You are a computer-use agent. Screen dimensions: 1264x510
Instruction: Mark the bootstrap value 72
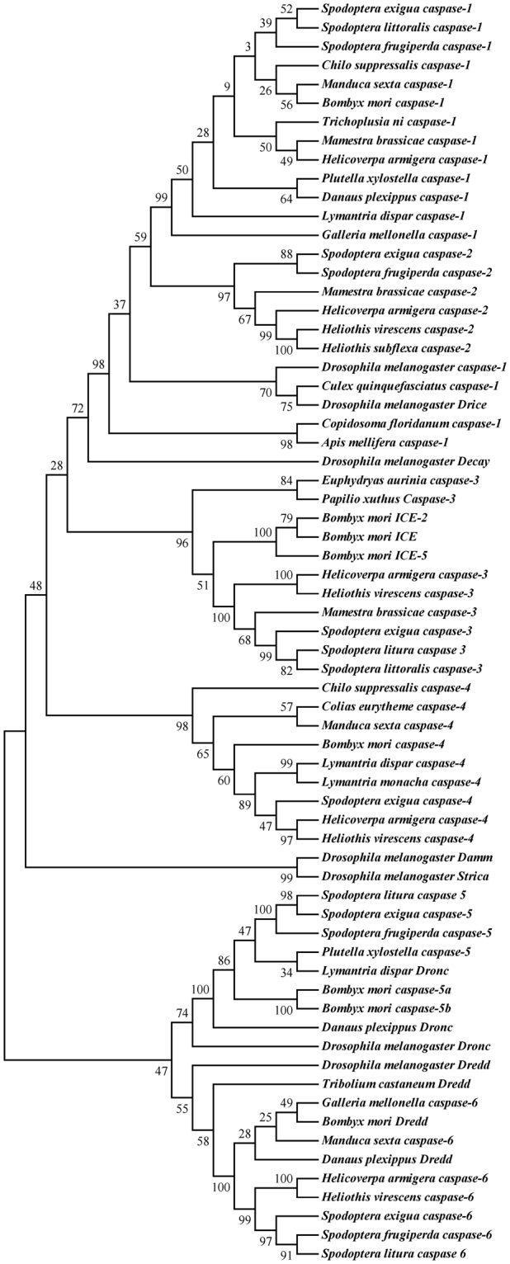(78, 408)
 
